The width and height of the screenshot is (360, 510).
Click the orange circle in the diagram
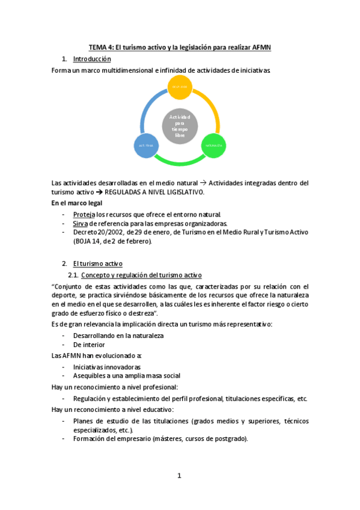point(180,87)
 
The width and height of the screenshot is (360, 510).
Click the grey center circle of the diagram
point(180,126)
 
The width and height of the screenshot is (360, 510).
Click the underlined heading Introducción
point(92,59)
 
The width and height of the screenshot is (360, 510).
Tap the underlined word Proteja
point(84,214)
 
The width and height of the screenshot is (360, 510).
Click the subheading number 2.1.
point(74,275)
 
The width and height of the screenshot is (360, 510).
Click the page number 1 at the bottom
point(179,476)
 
